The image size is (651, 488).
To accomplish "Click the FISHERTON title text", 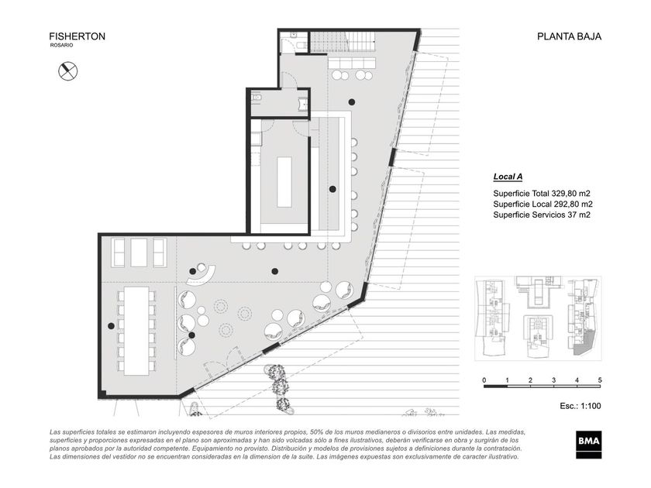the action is click(77, 36).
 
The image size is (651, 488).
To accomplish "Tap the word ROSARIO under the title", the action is click(61, 45).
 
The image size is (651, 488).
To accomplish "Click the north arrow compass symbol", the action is click(67, 71).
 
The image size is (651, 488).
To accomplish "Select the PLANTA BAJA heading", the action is click(569, 36).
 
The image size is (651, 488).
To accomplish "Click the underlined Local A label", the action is click(508, 177).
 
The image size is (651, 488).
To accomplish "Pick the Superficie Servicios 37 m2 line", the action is click(542, 215).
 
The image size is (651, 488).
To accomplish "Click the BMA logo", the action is click(589, 445).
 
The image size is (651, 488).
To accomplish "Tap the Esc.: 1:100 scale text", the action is click(580, 406).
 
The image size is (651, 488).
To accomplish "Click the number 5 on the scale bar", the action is click(600, 380).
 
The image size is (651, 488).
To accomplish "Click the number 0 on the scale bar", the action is click(484, 380).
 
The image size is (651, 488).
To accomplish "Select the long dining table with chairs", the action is click(136, 331).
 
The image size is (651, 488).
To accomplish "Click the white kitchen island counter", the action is click(284, 182).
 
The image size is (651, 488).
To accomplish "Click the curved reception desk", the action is click(202, 275).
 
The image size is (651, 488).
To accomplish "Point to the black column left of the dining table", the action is click(111, 326).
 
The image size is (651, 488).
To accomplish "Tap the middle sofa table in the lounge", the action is click(139, 253).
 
